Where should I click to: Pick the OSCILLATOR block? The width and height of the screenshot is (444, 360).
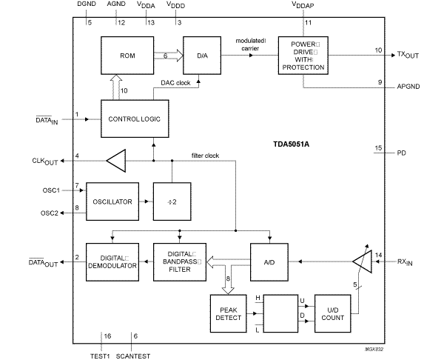point(112,200)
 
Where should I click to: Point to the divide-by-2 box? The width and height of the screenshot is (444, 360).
point(172,200)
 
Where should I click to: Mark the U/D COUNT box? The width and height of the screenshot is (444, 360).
point(332,313)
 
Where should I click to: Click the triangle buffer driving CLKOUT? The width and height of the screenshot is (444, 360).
point(116,159)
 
